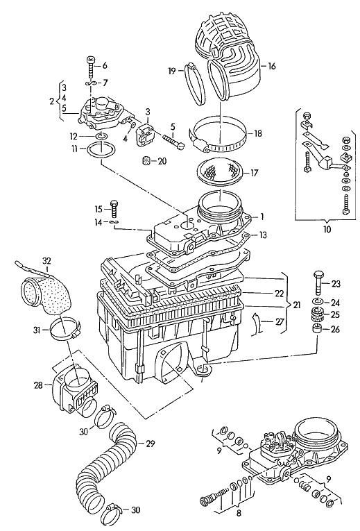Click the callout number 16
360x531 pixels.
point(271,66)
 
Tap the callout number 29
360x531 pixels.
point(150,443)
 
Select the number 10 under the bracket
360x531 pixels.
point(327,229)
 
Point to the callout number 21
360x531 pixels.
point(296,305)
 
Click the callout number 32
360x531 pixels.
point(46,261)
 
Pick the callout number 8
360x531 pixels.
point(239,514)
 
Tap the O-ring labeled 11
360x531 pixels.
point(102,149)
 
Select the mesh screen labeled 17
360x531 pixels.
point(218,173)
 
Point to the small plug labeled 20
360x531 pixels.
point(146,161)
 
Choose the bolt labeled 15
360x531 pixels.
point(114,208)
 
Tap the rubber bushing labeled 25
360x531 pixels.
point(317,314)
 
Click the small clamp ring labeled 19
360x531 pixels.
point(195,84)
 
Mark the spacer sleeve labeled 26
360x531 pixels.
point(317,329)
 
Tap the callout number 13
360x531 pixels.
point(262,235)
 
